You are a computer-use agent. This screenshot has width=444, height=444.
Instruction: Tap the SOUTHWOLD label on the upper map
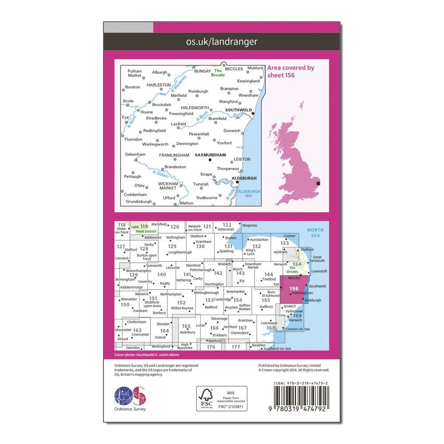(x=238, y=110)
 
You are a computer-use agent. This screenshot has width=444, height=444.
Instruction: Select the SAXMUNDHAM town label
(x=210, y=155)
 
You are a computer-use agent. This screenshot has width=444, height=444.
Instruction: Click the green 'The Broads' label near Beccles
(x=218, y=73)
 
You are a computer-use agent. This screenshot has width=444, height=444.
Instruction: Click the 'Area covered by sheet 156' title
(x=290, y=71)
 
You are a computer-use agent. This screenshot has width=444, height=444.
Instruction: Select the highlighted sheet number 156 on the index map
(x=293, y=289)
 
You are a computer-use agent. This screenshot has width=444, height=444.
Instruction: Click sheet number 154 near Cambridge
(x=238, y=300)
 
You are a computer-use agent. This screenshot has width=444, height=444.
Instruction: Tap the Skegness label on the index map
(x=250, y=226)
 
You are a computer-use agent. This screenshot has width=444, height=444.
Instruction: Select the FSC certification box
(x=222, y=399)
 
